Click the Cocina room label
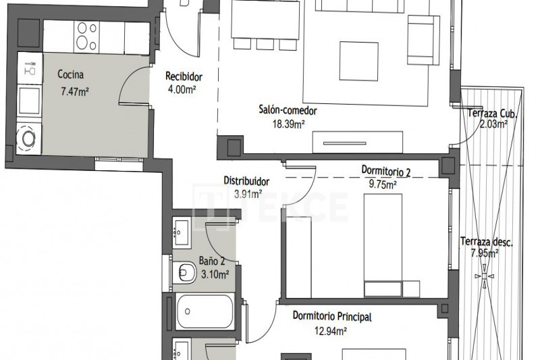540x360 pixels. click(x=71, y=74)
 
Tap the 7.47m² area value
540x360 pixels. click(x=75, y=92)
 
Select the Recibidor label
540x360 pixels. click(x=184, y=76)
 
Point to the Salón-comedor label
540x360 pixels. click(x=288, y=111)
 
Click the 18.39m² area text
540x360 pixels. click(x=289, y=124)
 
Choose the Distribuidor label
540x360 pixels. click(x=246, y=181)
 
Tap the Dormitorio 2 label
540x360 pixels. click(x=385, y=170)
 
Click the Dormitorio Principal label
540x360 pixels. click(x=332, y=316)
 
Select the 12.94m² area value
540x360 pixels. click(x=330, y=331)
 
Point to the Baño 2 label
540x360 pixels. click(x=212, y=261)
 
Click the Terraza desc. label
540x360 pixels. click(x=487, y=242)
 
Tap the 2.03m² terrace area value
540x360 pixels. click(x=493, y=124)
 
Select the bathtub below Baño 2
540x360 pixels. click(x=205, y=311)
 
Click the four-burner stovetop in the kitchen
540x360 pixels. click(x=86, y=36)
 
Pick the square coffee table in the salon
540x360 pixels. click(x=359, y=61)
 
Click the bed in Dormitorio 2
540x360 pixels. click(x=383, y=245)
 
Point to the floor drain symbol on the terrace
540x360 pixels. click(x=485, y=276)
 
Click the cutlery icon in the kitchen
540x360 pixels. click(x=30, y=68)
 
